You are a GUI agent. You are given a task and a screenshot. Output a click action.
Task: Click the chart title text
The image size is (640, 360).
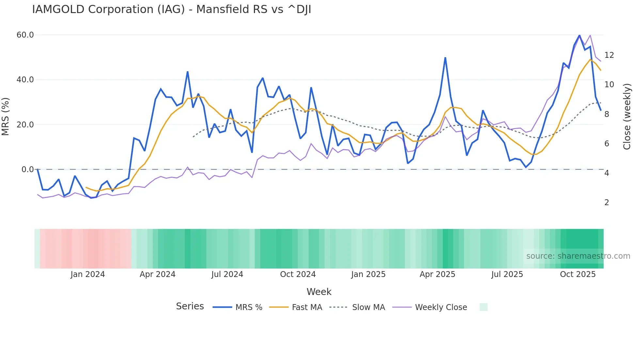[x=171, y=9]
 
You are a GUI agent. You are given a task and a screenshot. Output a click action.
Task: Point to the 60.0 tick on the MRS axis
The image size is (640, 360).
[x=25, y=35]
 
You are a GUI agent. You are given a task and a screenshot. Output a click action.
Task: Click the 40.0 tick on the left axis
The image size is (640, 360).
[x=25, y=80]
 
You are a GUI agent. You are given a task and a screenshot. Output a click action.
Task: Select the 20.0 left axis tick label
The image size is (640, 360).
[x=25, y=124]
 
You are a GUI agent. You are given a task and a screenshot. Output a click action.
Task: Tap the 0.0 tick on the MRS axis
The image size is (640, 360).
[x=27, y=170]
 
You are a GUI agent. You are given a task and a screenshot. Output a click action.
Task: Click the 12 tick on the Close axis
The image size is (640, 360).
[x=609, y=55]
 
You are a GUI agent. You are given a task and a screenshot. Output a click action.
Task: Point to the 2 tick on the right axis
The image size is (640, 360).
[x=607, y=203]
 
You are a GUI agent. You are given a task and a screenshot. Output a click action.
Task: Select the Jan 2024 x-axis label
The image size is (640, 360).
[x=88, y=274]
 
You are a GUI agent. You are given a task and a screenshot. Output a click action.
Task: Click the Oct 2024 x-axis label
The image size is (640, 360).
[x=298, y=274]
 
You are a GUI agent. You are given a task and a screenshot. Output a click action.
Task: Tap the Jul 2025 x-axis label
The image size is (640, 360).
[x=507, y=274]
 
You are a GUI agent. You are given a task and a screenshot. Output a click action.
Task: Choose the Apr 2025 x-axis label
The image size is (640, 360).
[x=437, y=274]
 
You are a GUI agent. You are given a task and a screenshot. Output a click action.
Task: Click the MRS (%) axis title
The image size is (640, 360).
[x=6, y=116]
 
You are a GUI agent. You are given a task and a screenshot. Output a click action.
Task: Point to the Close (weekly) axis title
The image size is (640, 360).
[x=627, y=117]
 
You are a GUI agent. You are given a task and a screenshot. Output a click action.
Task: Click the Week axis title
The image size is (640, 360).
[x=319, y=292]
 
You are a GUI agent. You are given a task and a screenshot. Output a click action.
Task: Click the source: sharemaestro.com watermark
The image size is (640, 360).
[x=578, y=256]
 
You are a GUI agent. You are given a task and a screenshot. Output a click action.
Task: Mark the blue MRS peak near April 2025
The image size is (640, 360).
[x=445, y=58]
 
